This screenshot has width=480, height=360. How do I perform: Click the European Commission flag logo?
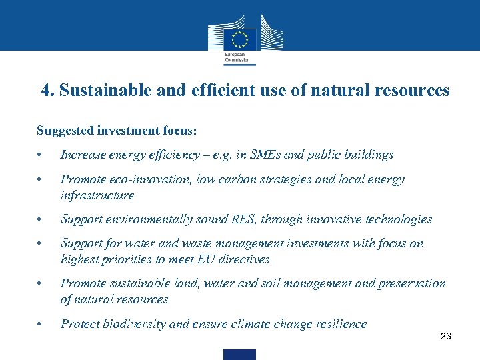click(239, 39)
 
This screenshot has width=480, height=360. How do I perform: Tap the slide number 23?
click(446, 337)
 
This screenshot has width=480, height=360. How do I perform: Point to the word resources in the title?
click(413, 91)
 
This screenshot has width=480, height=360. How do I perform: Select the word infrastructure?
click(97, 195)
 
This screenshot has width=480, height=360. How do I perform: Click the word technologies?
click(397, 219)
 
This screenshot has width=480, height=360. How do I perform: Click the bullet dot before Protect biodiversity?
click(41, 325)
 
